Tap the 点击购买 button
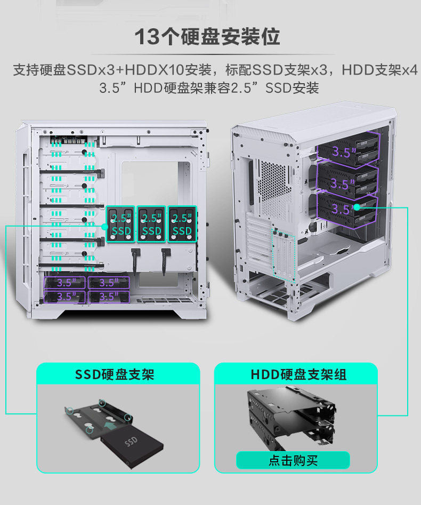tap(293, 460)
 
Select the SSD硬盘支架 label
tap(115, 374)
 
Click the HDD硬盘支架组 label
tap(298, 374)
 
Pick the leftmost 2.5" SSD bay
tap(121, 224)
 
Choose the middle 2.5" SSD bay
tap(151, 224)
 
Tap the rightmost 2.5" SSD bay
tap(182, 224)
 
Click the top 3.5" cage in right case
tap(347, 150)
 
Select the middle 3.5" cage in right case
tap(347, 182)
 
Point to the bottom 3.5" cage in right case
tap(347, 210)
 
